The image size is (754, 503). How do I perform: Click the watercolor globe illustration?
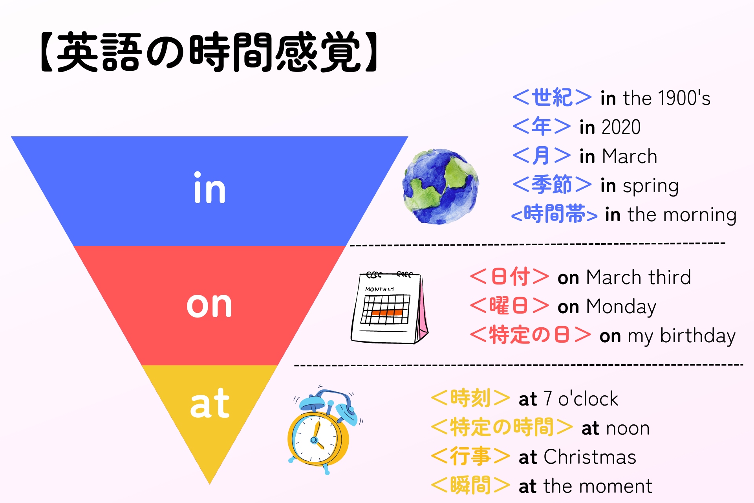pyautogui.click(x=441, y=186)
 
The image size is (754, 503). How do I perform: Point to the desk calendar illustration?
pyautogui.click(x=389, y=307)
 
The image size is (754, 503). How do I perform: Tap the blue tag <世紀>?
pyautogui.click(x=552, y=97)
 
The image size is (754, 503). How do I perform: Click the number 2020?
pyautogui.click(x=621, y=127)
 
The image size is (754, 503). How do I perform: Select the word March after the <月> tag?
pyautogui.click(x=630, y=156)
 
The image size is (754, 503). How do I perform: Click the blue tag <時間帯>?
pyautogui.click(x=554, y=215)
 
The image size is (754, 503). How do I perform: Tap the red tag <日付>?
pyautogui.click(x=509, y=277)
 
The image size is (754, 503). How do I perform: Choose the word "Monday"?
pyautogui.click(x=621, y=307)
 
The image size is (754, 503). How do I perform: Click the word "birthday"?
pyautogui.click(x=698, y=336)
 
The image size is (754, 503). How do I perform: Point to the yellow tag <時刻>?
pyautogui.click(x=470, y=398)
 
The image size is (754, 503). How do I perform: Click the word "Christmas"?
pyautogui.click(x=590, y=457)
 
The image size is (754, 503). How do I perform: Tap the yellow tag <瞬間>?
pyautogui.click(x=470, y=485)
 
